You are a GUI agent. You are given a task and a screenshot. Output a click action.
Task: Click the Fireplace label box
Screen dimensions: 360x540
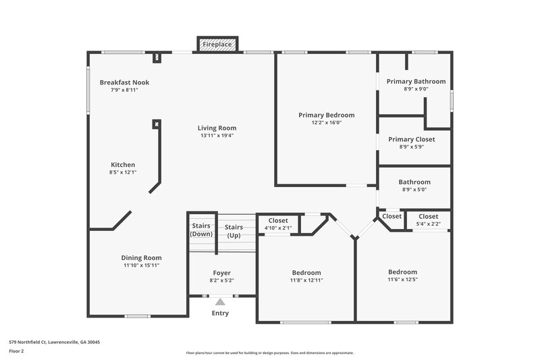point(217,45)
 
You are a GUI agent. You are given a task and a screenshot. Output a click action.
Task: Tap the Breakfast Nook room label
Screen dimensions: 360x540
point(124,82)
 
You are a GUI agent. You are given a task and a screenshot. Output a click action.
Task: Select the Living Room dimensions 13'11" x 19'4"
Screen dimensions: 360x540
point(217,135)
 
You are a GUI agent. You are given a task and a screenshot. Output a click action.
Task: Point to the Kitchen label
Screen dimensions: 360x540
point(124,164)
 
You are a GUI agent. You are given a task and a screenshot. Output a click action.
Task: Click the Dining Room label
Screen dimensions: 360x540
point(141,257)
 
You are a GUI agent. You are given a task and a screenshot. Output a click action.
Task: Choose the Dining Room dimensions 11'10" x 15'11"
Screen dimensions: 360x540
point(141,265)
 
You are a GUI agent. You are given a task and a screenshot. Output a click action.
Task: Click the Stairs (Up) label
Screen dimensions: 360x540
point(234,231)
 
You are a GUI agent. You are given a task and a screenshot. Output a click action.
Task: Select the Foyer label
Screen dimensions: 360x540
point(222,272)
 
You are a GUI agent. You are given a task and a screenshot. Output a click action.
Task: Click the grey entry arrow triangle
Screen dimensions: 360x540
point(220,302)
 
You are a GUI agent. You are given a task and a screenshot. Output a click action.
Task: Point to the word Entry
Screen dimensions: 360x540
point(220,313)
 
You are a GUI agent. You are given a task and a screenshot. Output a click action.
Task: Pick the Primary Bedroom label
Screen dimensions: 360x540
point(326,115)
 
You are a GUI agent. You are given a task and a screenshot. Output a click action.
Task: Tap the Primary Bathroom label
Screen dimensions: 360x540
point(416,81)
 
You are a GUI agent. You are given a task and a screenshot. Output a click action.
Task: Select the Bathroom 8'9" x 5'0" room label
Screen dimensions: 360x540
point(414,182)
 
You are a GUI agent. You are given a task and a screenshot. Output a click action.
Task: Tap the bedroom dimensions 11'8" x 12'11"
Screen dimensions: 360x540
point(306,280)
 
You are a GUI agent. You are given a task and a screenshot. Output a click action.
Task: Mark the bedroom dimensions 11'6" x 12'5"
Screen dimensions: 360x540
point(402,280)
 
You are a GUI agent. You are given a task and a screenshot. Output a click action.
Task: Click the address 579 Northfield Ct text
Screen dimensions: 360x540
point(54,342)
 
